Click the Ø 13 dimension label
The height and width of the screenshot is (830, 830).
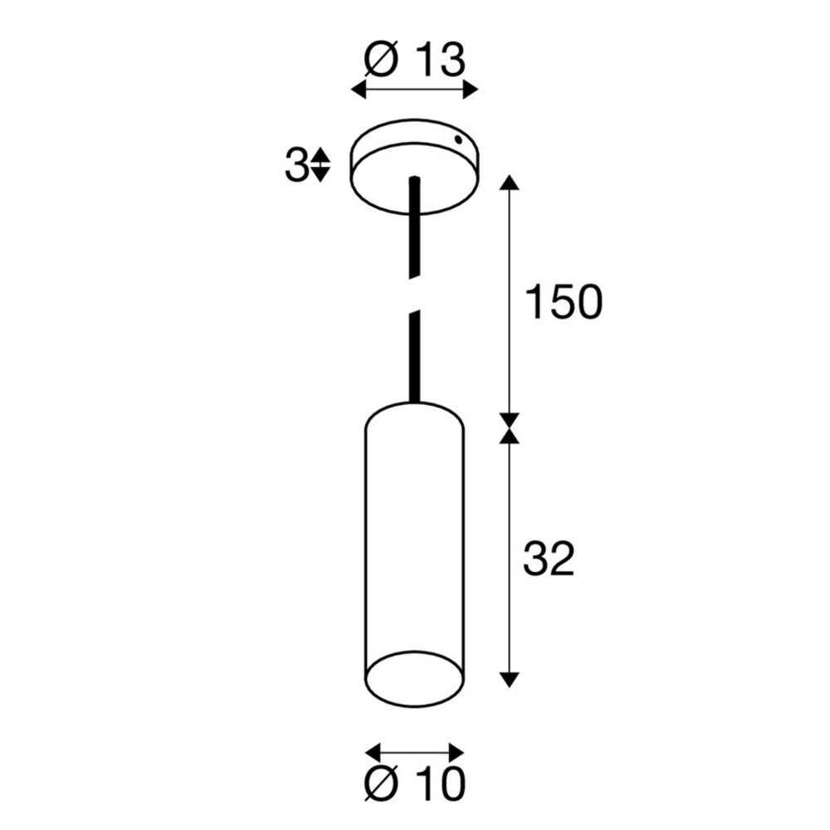click(x=414, y=61)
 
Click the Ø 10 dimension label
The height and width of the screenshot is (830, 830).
click(x=414, y=782)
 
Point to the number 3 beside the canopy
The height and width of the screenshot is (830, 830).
click(x=295, y=165)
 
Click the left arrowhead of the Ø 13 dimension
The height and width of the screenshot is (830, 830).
click(x=359, y=89)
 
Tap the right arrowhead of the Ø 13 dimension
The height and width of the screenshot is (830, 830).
click(x=472, y=89)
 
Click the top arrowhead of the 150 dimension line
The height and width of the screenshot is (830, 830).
click(x=510, y=183)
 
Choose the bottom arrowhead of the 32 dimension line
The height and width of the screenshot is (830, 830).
click(x=510, y=678)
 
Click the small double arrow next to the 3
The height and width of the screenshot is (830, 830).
click(x=320, y=165)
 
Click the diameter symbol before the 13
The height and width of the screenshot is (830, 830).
click(x=382, y=61)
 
